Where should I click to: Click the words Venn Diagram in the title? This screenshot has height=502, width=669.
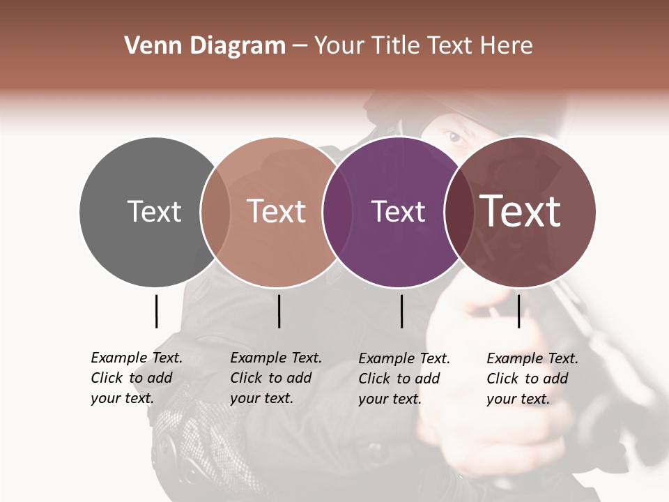(205, 46)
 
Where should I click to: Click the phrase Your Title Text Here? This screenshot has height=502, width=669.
(423, 46)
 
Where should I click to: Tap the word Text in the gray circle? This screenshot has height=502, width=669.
(154, 211)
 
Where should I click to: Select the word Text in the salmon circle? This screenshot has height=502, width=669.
(277, 211)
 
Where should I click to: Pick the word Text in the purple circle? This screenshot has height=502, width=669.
(398, 211)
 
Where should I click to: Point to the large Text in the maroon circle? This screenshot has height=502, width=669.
(521, 211)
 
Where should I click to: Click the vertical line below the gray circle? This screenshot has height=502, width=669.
(156, 311)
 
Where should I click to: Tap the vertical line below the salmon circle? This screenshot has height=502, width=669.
(279, 311)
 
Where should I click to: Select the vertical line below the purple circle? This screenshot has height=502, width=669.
(401, 311)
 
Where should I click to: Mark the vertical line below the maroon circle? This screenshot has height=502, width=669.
(518, 311)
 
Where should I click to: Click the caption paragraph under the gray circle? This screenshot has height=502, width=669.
(136, 378)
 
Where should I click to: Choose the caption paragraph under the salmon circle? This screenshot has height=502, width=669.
(275, 378)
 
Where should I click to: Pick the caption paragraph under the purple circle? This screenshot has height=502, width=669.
(403, 379)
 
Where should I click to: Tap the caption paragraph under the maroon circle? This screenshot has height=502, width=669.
(532, 379)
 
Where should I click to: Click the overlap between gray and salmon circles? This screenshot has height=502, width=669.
(215, 212)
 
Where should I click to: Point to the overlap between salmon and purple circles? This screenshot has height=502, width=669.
(334, 212)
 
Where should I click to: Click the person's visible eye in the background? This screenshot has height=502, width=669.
(456, 137)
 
